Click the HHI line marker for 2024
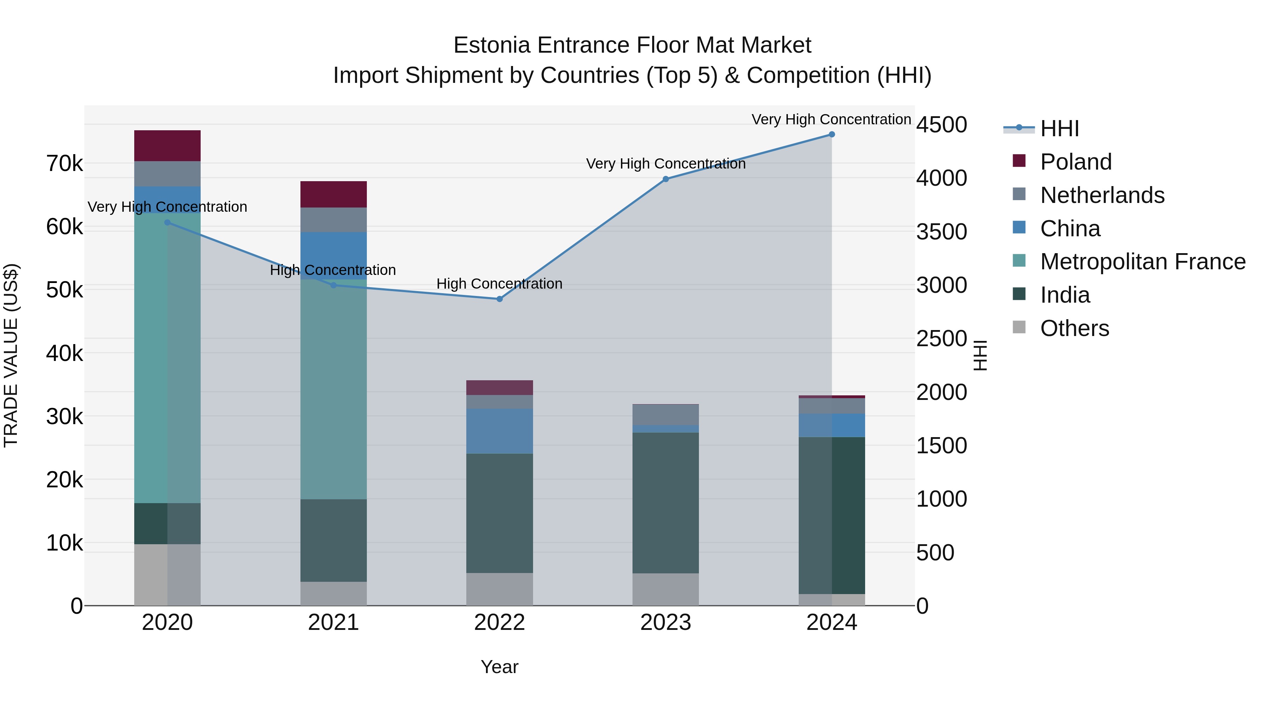(831, 134)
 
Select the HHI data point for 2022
(499, 299)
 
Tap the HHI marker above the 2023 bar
(666, 179)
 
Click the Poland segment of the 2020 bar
(167, 146)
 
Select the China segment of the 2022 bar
(499, 431)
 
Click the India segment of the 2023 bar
(666, 502)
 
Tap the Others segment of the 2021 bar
(333, 593)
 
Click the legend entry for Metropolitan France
(1142, 262)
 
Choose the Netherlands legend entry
(1102, 195)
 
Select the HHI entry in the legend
(1059, 129)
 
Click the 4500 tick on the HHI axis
(941, 125)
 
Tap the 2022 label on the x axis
(499, 623)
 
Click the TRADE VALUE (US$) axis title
(11, 355)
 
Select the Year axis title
(499, 667)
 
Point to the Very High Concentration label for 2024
(831, 119)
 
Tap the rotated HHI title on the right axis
(980, 355)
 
